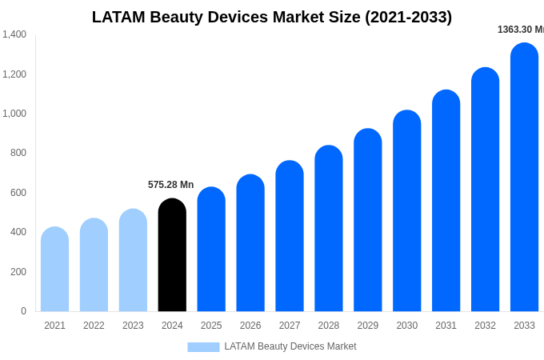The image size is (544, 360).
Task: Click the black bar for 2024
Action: click(172, 256)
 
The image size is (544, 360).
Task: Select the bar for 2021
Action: click(54, 270)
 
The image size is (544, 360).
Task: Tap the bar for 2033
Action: click(524, 178)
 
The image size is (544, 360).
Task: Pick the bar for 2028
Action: click(329, 229)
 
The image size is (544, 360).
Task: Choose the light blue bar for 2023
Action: click(133, 261)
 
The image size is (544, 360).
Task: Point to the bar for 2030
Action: click(406, 211)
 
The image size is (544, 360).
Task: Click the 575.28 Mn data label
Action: click(170, 185)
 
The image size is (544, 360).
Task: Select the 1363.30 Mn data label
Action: click(520, 30)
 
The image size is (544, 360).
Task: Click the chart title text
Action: click(272, 17)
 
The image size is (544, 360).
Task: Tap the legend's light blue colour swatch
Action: click(203, 346)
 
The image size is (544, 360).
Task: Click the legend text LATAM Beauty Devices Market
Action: click(290, 346)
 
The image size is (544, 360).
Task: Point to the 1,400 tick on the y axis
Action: click(14, 34)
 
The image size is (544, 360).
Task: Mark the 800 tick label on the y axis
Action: click(18, 153)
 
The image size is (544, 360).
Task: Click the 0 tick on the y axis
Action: click(23, 311)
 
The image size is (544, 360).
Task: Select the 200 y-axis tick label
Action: click(18, 272)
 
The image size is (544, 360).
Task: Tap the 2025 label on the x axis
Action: click(211, 326)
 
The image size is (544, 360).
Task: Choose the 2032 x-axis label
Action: click(485, 326)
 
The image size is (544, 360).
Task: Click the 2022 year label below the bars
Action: click(94, 326)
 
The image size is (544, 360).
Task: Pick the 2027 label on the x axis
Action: click(290, 326)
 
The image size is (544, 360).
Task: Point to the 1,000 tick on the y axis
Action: click(14, 114)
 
